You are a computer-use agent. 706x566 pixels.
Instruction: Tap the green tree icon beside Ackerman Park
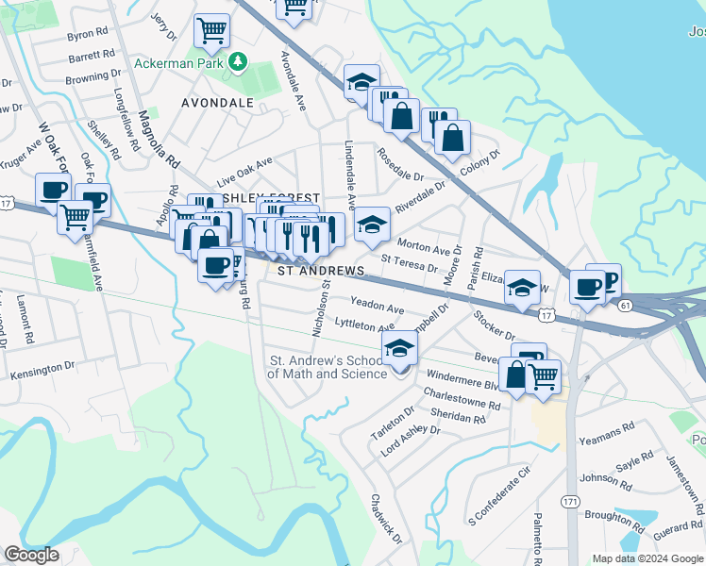[x=239, y=62]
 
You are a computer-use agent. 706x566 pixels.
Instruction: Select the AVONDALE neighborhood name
[x=218, y=102]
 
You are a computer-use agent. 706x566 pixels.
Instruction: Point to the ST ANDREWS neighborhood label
[x=321, y=271]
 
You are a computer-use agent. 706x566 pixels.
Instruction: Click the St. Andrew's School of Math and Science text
[x=328, y=367]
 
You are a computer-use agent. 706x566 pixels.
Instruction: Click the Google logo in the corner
[x=30, y=555]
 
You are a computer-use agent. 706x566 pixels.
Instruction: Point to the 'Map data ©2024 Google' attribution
[x=647, y=558]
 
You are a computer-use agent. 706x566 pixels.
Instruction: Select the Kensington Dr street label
[x=42, y=369]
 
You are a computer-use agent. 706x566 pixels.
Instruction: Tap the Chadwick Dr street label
[x=386, y=520]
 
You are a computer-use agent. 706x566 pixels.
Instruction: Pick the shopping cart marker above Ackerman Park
[x=212, y=30]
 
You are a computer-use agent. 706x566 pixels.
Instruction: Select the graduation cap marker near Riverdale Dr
[x=372, y=225]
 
